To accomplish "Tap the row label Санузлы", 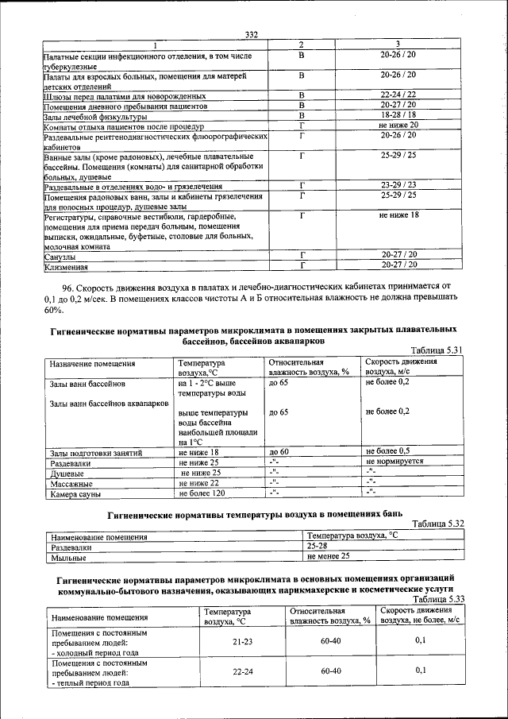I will tap(60, 257).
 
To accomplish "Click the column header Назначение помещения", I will tap(91, 364).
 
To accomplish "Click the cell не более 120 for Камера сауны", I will tap(205, 493).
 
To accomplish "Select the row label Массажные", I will tap(71, 483).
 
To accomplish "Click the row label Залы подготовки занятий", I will tap(95, 453).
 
